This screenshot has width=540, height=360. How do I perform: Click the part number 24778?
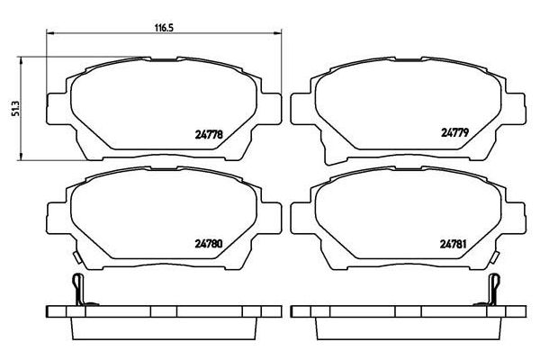(x=209, y=134)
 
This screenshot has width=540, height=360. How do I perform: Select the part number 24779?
(x=454, y=132)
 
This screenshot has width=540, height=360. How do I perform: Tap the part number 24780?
(x=209, y=244)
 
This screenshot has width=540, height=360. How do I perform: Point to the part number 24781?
(x=454, y=244)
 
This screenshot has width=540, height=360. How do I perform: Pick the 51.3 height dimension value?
(x=14, y=109)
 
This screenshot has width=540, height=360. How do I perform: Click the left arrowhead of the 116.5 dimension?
(x=50, y=33)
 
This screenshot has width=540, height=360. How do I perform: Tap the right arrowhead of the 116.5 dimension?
(x=277, y=33)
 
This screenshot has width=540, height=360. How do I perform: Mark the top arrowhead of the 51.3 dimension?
(x=22, y=61)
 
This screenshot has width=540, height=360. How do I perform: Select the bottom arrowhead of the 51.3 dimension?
(x=22, y=156)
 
